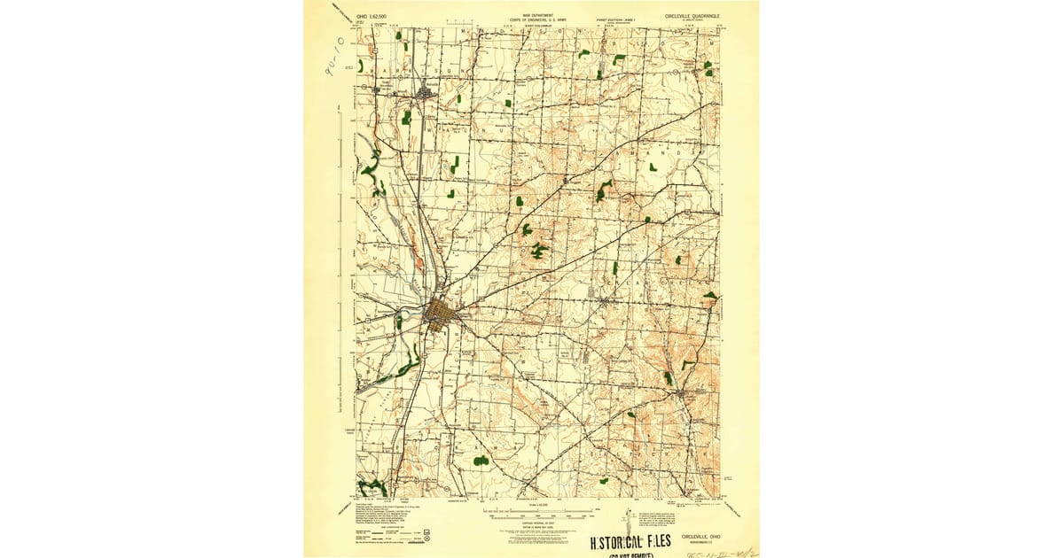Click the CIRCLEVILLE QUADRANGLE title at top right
click(692, 16)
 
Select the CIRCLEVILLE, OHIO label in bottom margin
click(700, 536)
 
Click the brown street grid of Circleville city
click(437, 314)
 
